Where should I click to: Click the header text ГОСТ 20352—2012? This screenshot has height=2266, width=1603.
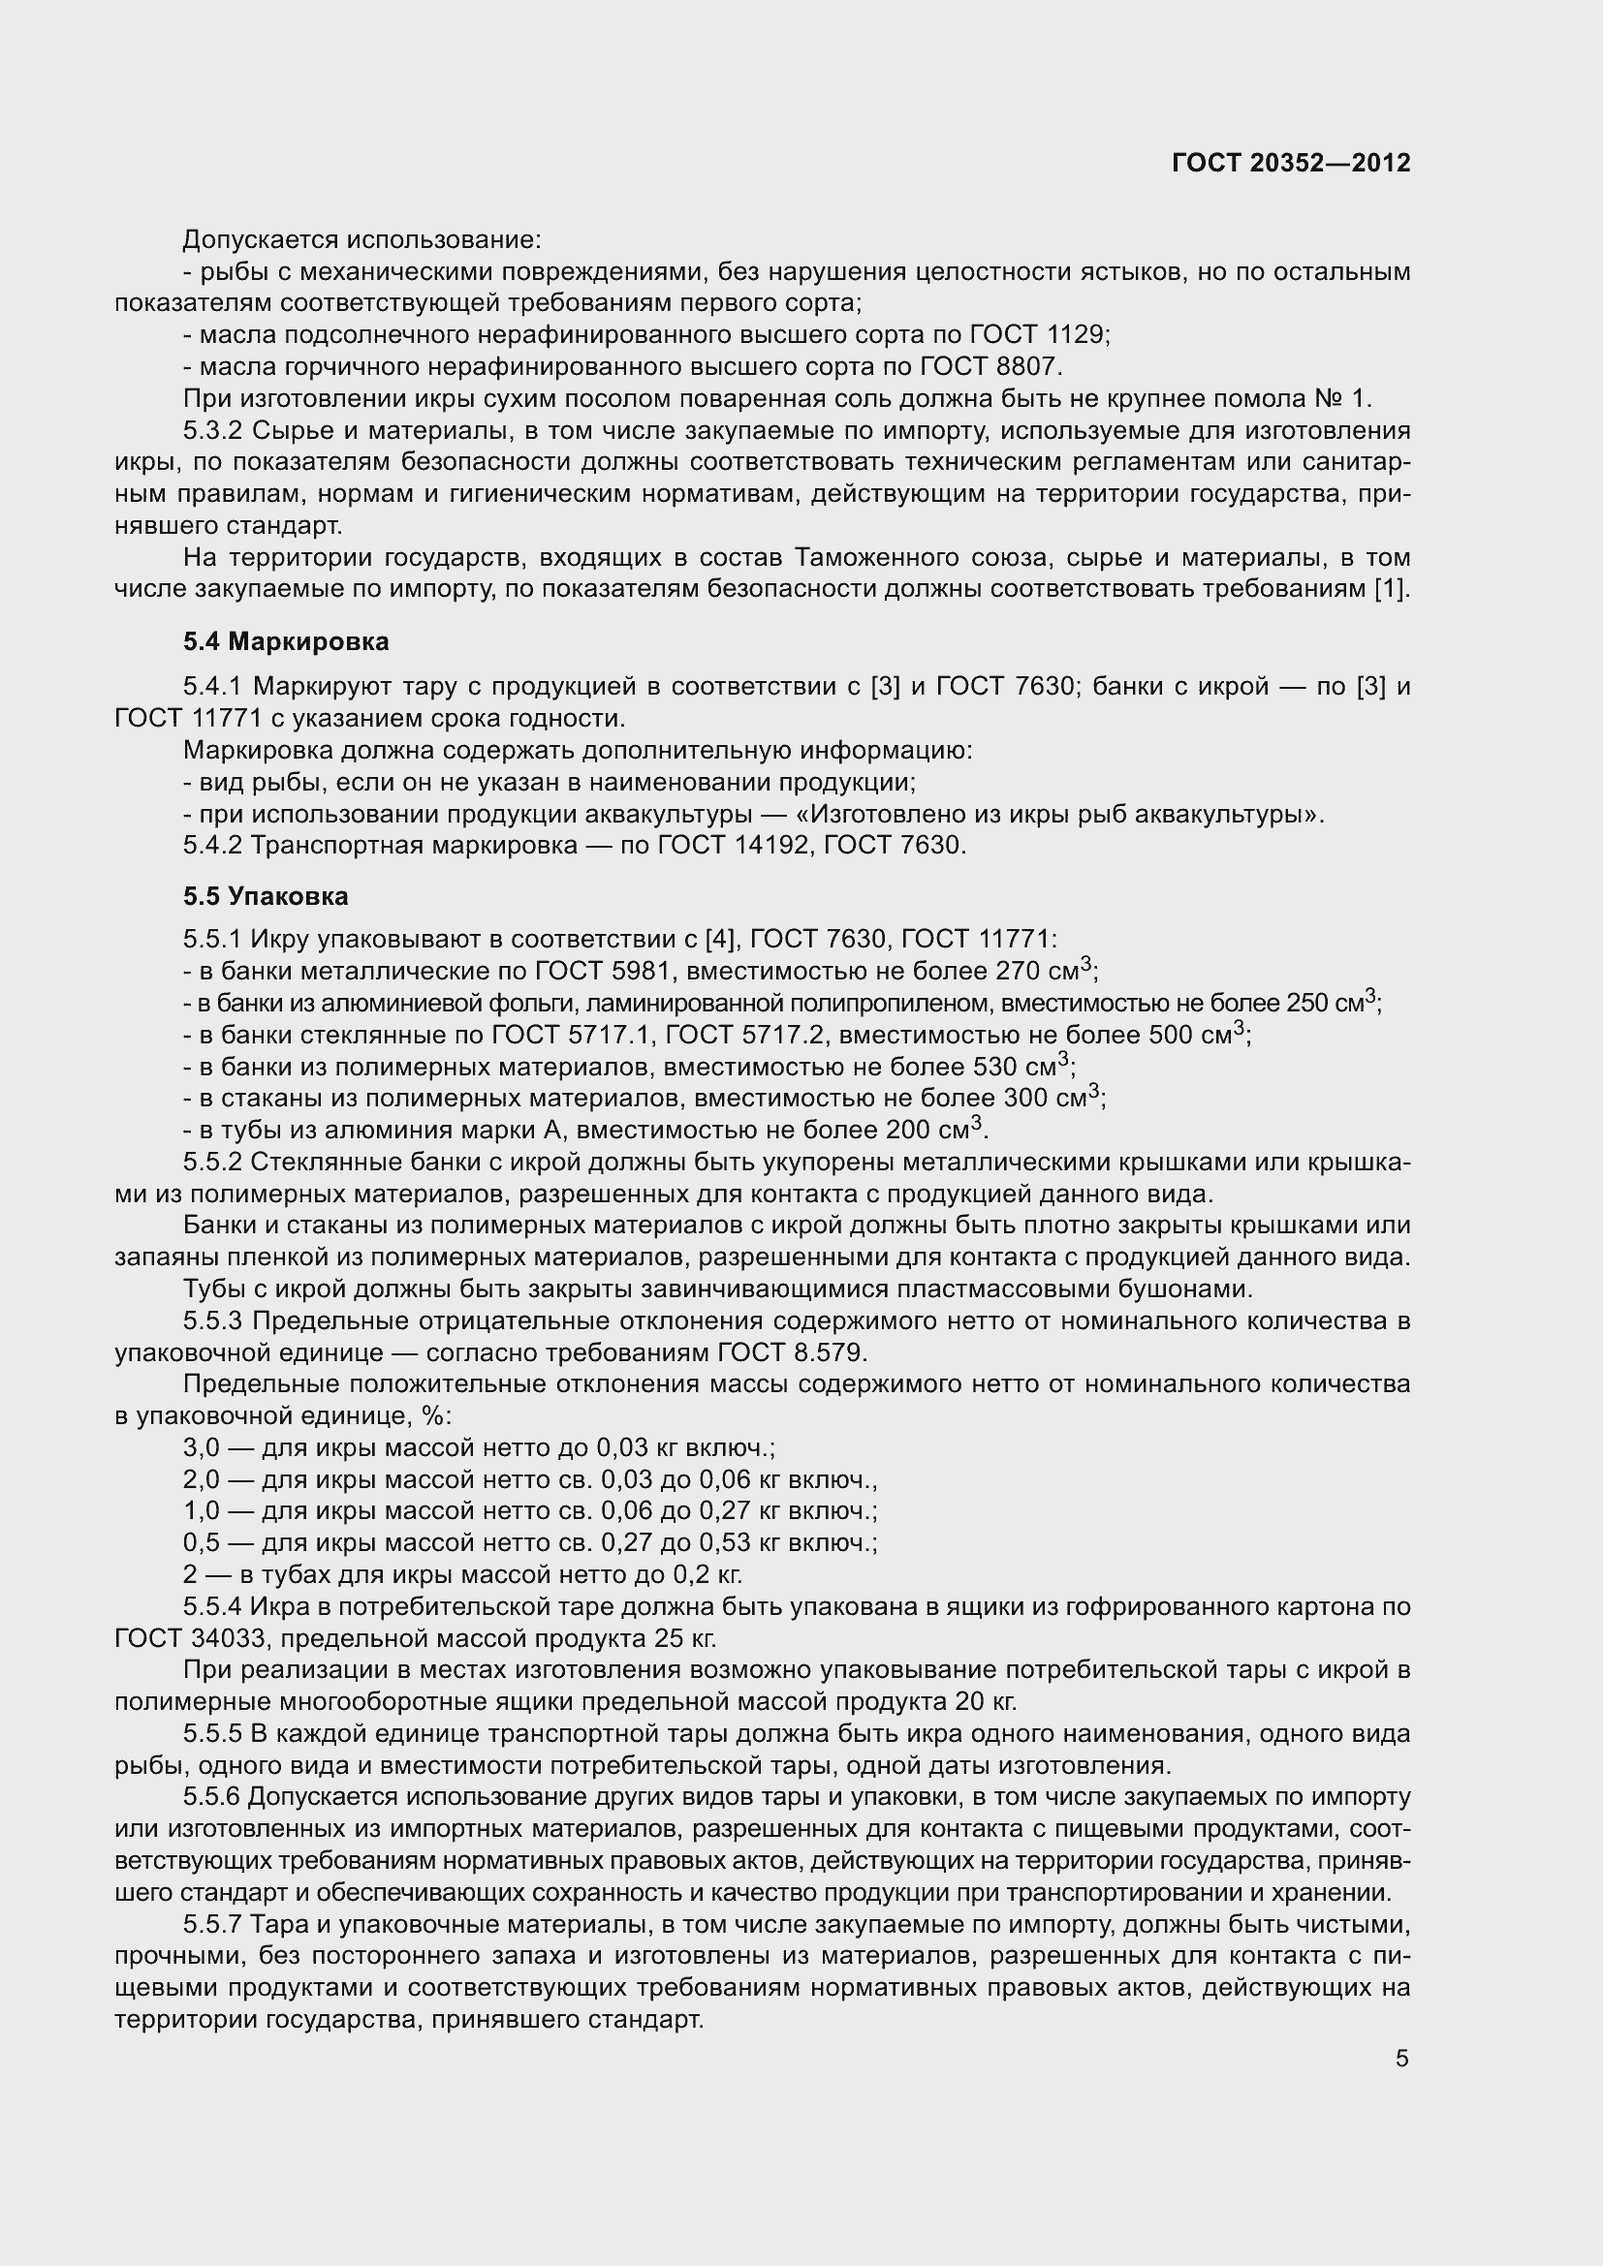[x=1291, y=163]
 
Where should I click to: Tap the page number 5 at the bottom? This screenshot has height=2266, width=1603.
[x=1401, y=2059]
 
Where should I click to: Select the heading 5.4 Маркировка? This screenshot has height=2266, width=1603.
[x=285, y=642]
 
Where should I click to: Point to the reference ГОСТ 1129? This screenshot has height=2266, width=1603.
[x=1039, y=335]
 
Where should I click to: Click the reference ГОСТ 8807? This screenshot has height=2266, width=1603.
[x=990, y=367]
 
